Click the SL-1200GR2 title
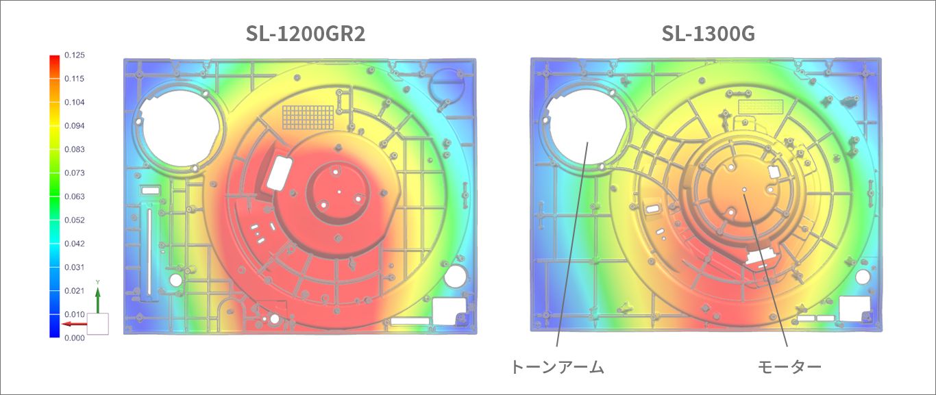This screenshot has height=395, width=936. pyautogui.click(x=306, y=34)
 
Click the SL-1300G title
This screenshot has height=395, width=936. pyautogui.click(x=709, y=34)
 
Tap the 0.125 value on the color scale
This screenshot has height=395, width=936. pyautogui.click(x=75, y=55)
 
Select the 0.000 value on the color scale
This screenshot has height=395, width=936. pyautogui.click(x=75, y=337)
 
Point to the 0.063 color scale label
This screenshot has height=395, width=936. pyautogui.click(x=75, y=196)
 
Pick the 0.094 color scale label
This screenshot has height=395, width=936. pyautogui.click(x=75, y=126)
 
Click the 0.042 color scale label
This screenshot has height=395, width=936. pyautogui.click(x=75, y=244)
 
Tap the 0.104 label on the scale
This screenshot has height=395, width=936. pyautogui.click(x=75, y=102)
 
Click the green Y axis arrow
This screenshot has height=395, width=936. pyautogui.click(x=98, y=300)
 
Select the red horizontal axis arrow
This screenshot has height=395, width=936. pyautogui.click(x=75, y=324)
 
